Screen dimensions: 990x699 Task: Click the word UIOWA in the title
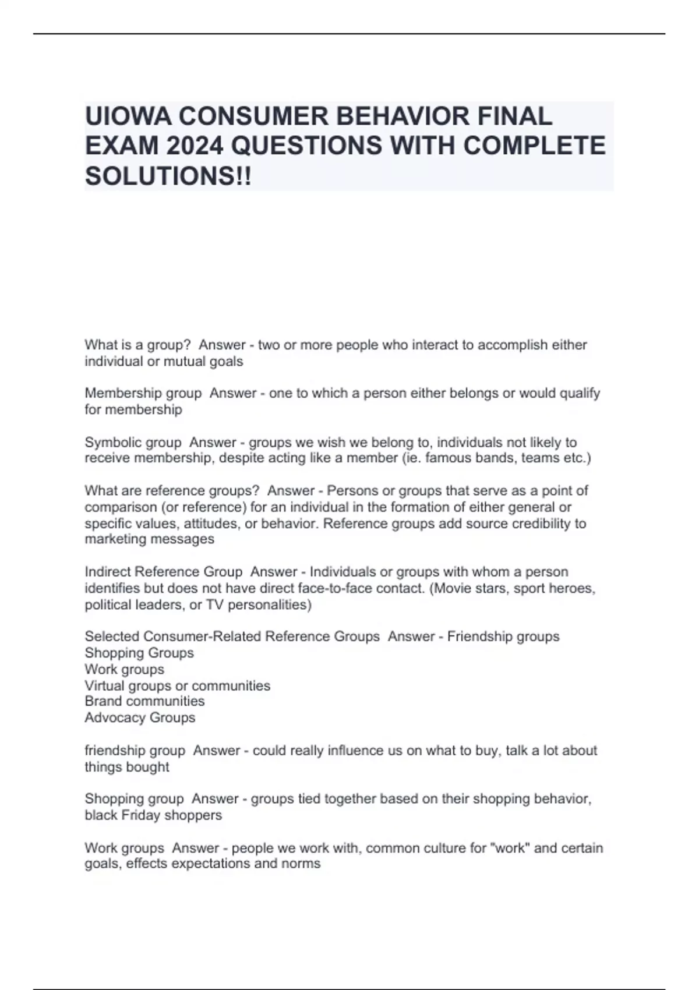pyautogui.click(x=128, y=116)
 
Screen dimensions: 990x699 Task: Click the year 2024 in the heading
pyautogui.click(x=194, y=146)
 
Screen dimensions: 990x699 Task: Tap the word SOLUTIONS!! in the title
pyautogui.click(x=168, y=176)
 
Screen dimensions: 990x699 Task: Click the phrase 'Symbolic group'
pyautogui.click(x=133, y=443)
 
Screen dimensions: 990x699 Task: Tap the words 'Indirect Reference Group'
pyautogui.click(x=163, y=572)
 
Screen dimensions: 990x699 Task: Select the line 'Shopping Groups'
pyautogui.click(x=139, y=653)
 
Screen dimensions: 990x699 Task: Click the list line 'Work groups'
pyautogui.click(x=124, y=669)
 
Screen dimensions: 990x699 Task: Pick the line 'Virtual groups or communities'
pyautogui.click(x=177, y=685)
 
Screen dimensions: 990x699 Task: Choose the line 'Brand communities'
pyautogui.click(x=144, y=701)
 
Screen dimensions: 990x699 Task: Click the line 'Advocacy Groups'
pyautogui.click(x=140, y=717)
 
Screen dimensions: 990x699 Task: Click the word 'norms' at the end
pyautogui.click(x=303, y=864)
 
